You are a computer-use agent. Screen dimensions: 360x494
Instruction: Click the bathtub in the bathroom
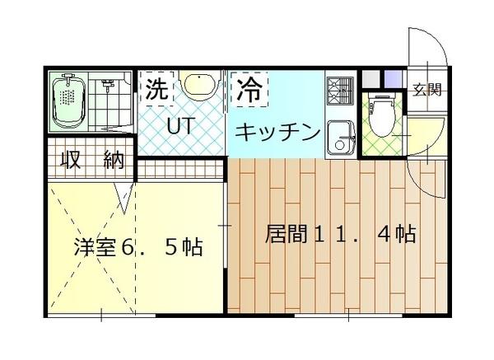pyautogui.click(x=70, y=104)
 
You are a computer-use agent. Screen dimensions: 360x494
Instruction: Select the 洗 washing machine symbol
pyautogui.click(x=156, y=89)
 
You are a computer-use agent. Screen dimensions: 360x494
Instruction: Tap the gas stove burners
pyautogui.click(x=339, y=92)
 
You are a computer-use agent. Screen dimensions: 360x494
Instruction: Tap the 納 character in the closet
pyautogui.click(x=111, y=160)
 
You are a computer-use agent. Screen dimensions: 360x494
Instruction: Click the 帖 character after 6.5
pyautogui.click(x=194, y=246)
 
